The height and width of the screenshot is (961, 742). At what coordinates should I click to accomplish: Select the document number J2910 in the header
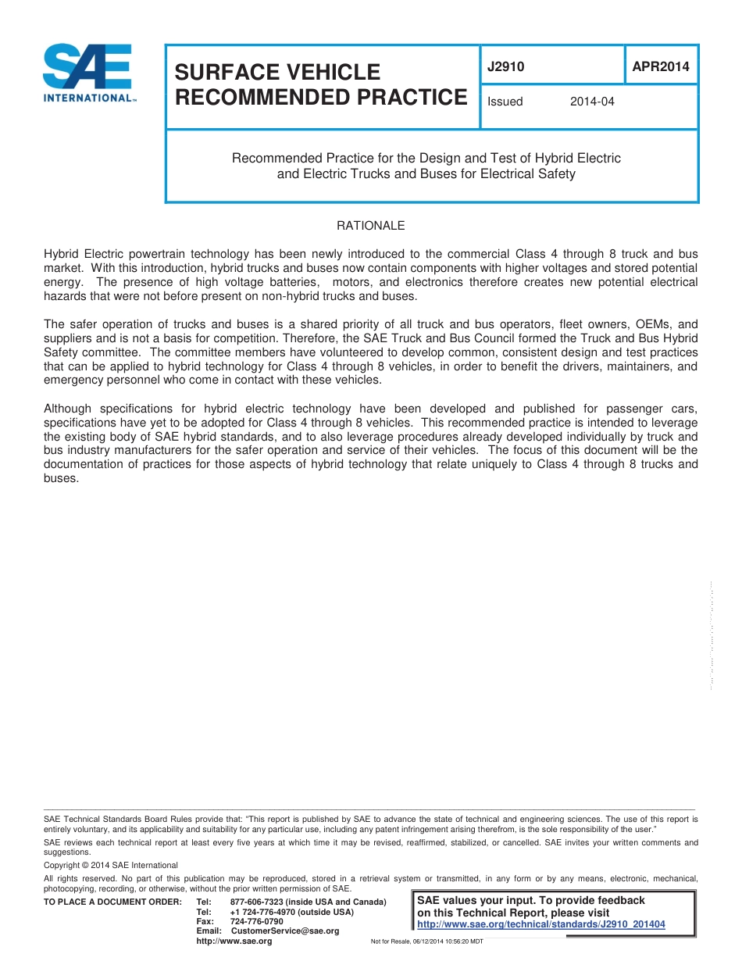click(x=505, y=67)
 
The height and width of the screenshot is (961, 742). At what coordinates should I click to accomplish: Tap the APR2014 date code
click(x=661, y=67)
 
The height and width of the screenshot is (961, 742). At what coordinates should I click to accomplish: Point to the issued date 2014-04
click(x=592, y=102)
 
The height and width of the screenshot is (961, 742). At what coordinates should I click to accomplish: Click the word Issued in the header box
click(x=505, y=102)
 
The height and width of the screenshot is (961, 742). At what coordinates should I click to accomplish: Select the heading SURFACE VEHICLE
click(x=277, y=72)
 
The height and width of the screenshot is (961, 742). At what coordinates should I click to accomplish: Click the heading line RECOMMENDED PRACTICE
click(x=320, y=98)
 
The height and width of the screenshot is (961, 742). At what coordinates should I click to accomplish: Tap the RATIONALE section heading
click(x=370, y=226)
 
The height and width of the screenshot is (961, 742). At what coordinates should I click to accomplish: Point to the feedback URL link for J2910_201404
click(x=541, y=924)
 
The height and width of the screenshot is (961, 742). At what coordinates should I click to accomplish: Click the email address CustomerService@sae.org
click(x=285, y=931)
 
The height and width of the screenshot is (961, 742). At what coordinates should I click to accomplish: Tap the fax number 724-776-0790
click(x=257, y=921)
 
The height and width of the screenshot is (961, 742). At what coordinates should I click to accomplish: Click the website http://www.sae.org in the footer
click(x=234, y=941)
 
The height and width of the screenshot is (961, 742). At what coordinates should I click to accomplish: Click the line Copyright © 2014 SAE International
click(x=111, y=865)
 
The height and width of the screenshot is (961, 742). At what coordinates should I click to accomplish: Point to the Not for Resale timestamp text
click(x=426, y=941)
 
